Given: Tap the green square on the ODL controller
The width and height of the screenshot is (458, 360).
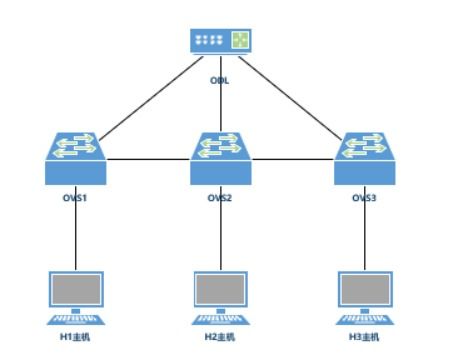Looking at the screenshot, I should click(x=240, y=40).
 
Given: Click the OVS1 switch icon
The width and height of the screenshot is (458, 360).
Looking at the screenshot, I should click(x=76, y=155).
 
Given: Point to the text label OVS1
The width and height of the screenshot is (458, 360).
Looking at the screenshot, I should click(x=76, y=198).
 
